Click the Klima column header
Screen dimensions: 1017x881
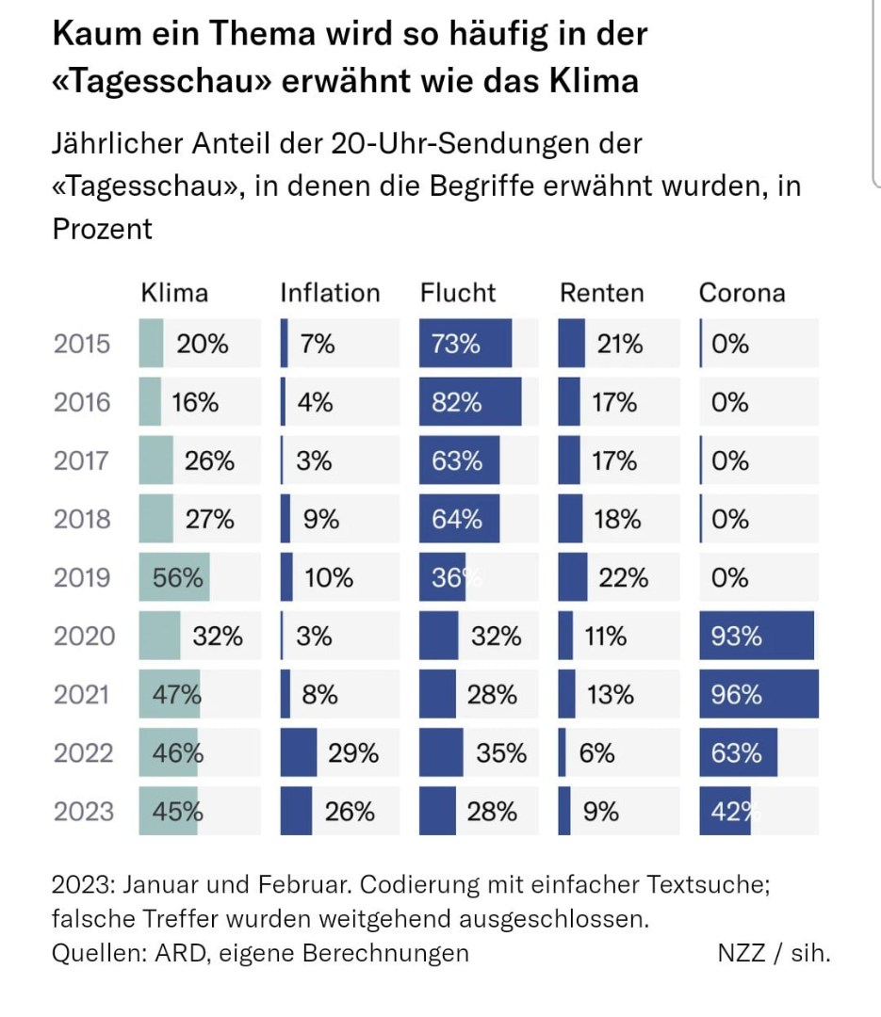tap(174, 293)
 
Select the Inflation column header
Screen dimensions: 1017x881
tap(330, 293)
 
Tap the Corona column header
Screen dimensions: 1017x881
tap(742, 293)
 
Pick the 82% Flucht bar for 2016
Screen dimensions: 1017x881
tap(470, 402)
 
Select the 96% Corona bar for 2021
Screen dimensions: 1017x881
tap(759, 694)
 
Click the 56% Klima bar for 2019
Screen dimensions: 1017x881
tap(174, 577)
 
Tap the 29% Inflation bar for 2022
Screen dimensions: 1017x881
tap(299, 752)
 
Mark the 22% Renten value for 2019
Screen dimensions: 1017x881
tap(623, 577)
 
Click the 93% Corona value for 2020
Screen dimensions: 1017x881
tap(737, 636)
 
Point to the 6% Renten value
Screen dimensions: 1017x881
tap(598, 752)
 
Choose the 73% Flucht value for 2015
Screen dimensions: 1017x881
tap(456, 344)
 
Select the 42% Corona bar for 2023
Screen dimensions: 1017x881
tap(725, 811)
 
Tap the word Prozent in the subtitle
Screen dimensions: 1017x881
tap(102, 229)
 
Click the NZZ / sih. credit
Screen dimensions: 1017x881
tap(774, 953)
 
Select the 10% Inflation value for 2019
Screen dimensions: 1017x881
tap(328, 577)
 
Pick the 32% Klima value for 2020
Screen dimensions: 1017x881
tap(218, 636)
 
